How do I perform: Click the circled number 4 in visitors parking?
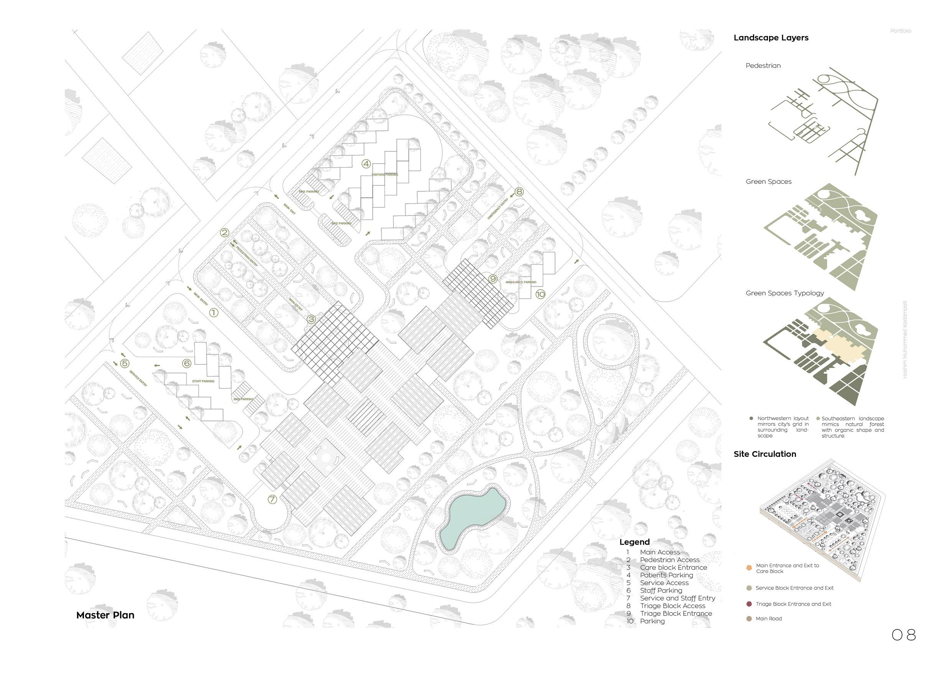click(366, 164)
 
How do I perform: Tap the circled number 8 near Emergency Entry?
click(519, 192)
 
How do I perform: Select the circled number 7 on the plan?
click(272, 499)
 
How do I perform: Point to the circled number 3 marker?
click(311, 319)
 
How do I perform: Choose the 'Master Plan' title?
click(105, 615)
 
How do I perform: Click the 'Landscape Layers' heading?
click(771, 38)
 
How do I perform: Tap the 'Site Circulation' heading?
click(765, 454)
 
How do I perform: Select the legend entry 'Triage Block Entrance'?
click(676, 613)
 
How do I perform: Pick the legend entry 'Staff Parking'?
click(661, 591)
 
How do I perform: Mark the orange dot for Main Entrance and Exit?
click(749, 568)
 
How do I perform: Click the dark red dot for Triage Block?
click(749, 604)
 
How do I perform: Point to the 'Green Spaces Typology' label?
click(784, 293)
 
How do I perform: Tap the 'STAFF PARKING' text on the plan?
click(203, 381)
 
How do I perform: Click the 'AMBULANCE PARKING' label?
click(521, 282)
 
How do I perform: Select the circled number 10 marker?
click(540, 294)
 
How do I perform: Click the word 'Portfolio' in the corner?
click(901, 31)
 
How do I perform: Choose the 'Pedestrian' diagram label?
click(763, 66)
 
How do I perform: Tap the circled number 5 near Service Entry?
click(124, 363)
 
